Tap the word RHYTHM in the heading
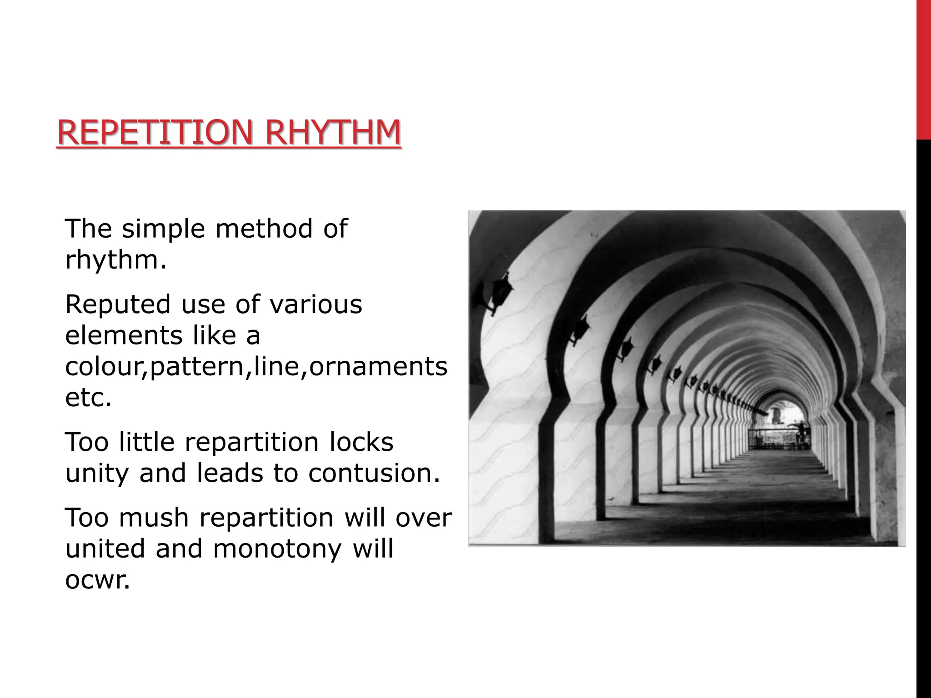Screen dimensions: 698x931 [x=332, y=132]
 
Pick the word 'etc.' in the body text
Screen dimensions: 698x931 [x=88, y=398]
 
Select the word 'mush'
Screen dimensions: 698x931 [x=154, y=518]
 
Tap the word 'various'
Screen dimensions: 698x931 [x=316, y=304]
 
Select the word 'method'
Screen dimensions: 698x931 [x=264, y=229]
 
